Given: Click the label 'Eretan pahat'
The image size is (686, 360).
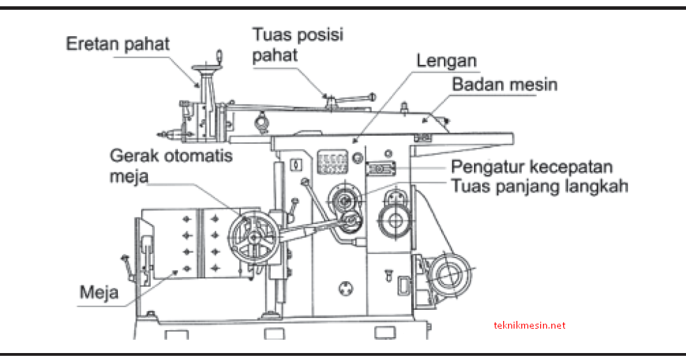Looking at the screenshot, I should click(x=117, y=44).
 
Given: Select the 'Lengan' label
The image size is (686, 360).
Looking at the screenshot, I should click(x=447, y=60).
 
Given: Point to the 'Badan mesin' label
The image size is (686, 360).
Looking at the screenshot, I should click(x=505, y=84).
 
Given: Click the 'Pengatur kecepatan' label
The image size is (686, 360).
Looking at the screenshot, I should click(x=532, y=167).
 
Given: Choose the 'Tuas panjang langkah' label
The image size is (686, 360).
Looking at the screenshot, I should click(x=539, y=186).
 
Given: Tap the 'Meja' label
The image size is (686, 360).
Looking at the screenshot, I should click(x=98, y=291).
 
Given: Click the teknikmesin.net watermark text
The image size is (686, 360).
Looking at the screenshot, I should click(x=529, y=325).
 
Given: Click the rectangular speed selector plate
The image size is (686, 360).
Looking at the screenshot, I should click(x=381, y=169).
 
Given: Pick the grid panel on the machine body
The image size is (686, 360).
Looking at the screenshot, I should click(x=332, y=163).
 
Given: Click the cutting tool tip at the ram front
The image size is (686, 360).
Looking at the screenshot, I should click(x=162, y=134).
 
